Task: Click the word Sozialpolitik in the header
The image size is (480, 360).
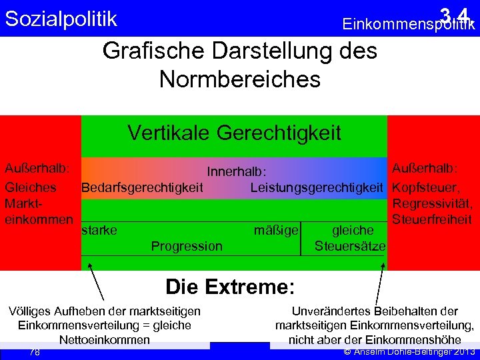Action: (61, 19)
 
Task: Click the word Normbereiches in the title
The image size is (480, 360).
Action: (240, 79)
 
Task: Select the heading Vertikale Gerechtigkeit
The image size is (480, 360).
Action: (234, 133)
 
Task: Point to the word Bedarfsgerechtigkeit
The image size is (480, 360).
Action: (142, 187)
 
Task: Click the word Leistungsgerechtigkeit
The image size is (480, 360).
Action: (317, 187)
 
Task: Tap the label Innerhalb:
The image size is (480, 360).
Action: (237, 172)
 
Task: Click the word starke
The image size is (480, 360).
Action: (99, 230)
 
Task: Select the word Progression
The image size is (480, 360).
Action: (187, 246)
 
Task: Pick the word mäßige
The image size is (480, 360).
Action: (276, 230)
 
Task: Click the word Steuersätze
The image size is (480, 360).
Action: (350, 246)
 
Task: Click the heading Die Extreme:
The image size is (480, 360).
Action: (229, 287)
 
